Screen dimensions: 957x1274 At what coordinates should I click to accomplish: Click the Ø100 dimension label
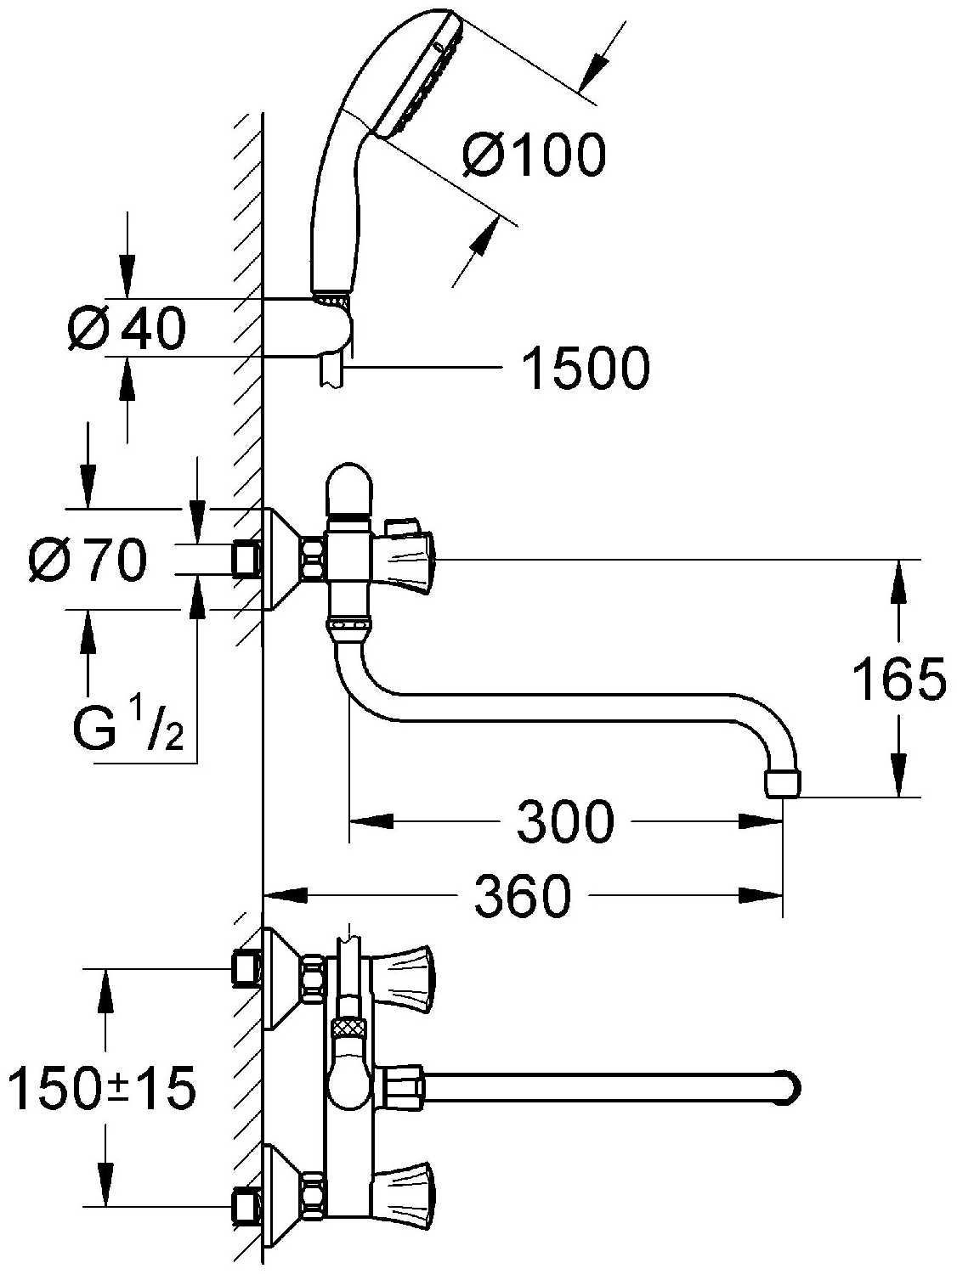[x=534, y=155]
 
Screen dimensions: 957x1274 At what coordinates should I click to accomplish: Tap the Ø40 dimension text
[x=127, y=328]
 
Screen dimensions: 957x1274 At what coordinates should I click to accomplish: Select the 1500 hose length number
[x=586, y=368]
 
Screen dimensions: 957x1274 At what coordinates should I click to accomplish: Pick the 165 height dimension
[x=899, y=679]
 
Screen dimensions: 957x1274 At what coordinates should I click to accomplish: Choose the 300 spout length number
[x=564, y=821]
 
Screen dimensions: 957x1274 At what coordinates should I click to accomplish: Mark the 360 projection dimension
[x=523, y=895]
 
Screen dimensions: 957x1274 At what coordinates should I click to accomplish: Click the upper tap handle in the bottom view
[x=403, y=982]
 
